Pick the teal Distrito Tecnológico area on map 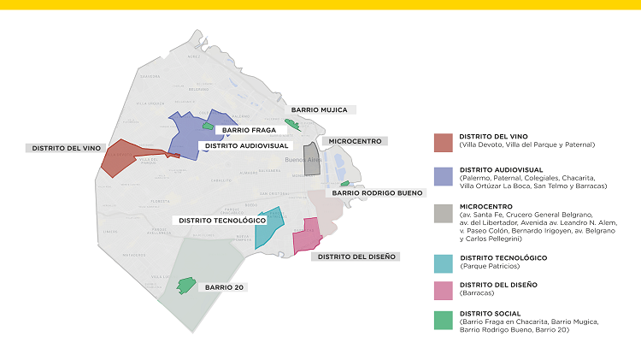coord(268,227)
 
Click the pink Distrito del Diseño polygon coord(307,237)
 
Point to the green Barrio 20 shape coord(185,285)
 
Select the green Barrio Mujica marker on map coord(292,126)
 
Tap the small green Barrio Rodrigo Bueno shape coord(344,184)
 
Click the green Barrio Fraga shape coord(207,126)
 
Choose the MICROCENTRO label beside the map coord(354,141)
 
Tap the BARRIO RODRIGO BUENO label coord(377,193)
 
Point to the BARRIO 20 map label coord(224,287)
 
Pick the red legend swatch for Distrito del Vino coord(443,142)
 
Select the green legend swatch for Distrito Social coord(443,320)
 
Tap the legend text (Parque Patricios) coord(492,266)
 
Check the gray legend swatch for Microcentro coord(443,213)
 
